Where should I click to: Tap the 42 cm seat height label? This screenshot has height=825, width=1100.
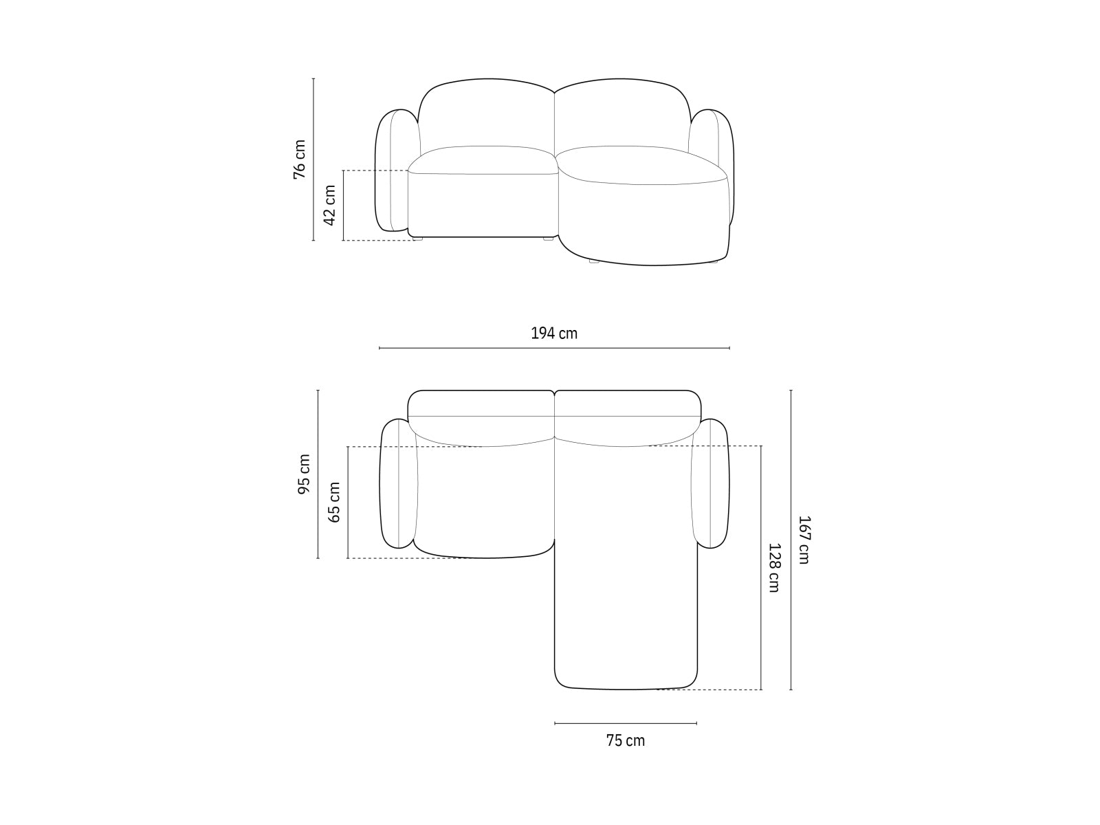pos(330,205)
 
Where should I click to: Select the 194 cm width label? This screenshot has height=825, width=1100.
pos(554,333)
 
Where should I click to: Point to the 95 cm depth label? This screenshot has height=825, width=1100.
pos(304,474)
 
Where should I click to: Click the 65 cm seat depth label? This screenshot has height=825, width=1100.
pos(334,502)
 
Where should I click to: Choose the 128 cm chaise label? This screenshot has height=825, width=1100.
pos(773,568)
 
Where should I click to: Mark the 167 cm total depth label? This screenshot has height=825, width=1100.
pos(803,540)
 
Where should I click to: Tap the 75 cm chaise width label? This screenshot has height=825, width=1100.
pos(626,740)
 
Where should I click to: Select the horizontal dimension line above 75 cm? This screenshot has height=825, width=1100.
pos(626,723)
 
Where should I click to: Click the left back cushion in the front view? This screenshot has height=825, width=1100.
pos(485,114)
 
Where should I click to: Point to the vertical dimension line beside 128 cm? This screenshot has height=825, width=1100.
pos(761,568)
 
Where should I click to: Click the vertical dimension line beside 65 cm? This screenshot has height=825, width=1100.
pos(348,502)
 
